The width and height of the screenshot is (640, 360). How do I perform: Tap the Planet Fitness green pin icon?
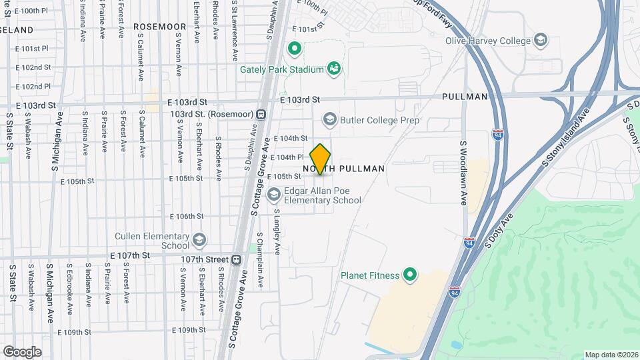click(x=411, y=275)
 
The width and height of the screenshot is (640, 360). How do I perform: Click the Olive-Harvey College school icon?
click(x=541, y=41)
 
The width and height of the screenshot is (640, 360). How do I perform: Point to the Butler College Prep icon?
click(x=329, y=120)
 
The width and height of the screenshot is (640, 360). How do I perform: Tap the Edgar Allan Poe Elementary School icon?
click(x=273, y=194)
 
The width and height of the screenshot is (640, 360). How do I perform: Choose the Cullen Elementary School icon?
click(x=199, y=240)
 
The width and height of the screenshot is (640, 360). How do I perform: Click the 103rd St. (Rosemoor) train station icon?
click(x=262, y=114)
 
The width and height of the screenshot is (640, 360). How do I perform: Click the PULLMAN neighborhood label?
click(x=465, y=97)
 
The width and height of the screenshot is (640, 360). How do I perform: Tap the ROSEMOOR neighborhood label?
click(x=159, y=26)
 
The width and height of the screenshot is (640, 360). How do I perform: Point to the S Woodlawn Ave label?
click(x=464, y=173)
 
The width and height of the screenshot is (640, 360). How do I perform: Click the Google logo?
click(x=22, y=351)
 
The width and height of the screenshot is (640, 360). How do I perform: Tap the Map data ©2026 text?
click(x=611, y=355)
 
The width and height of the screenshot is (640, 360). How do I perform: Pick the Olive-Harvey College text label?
click(x=489, y=41)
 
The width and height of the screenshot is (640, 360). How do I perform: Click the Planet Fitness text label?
click(x=370, y=275)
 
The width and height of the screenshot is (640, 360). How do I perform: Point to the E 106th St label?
click(x=186, y=216)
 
